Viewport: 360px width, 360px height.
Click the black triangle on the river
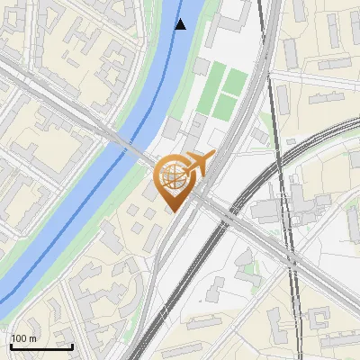(181, 24)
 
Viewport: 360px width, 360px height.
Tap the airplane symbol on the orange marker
(197, 164)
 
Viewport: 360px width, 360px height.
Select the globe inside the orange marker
(173, 177)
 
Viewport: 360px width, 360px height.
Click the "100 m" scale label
(24, 338)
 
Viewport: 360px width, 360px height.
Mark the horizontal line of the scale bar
(41, 346)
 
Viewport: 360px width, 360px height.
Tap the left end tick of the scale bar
(11, 345)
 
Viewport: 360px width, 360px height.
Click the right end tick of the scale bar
(72, 345)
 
